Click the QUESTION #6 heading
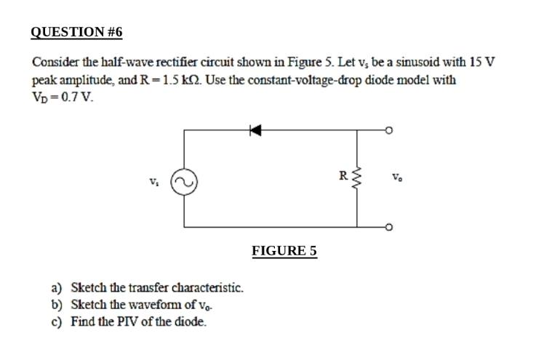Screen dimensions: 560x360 (77, 32)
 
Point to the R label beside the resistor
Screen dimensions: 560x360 (343, 175)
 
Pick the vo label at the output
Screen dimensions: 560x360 (396, 177)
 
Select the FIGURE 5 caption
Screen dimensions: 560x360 (284, 251)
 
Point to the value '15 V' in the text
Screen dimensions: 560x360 (481, 62)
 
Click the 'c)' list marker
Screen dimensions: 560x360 (57, 321)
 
